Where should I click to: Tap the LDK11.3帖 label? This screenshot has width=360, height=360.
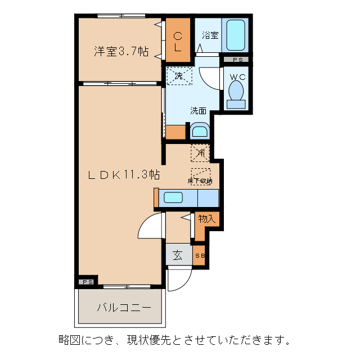point(123,174)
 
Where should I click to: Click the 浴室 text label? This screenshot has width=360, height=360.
point(210,35)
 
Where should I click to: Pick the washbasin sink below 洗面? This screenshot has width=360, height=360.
point(199,132)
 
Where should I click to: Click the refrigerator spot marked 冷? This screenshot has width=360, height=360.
point(200,151)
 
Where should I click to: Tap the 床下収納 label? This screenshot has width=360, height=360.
point(200,181)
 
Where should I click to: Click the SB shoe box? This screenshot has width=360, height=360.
point(200,255)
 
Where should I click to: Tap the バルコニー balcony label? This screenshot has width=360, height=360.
point(123,308)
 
